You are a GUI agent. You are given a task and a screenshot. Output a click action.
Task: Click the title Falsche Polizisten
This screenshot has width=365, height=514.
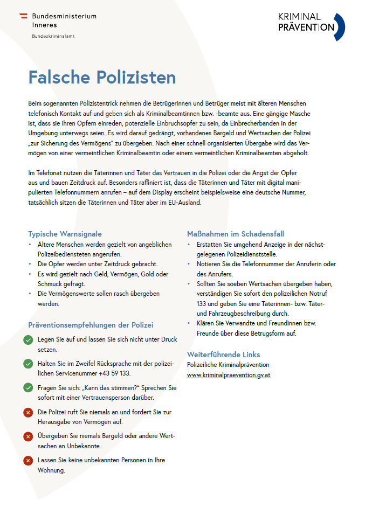102,77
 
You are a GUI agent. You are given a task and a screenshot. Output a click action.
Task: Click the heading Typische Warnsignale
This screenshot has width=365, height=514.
65,234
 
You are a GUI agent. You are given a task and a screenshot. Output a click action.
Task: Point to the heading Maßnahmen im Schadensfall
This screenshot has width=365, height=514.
235,234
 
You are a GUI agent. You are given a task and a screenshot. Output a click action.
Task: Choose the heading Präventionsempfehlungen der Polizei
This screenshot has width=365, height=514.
91,325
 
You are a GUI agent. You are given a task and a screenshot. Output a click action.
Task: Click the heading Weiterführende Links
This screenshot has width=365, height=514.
223,355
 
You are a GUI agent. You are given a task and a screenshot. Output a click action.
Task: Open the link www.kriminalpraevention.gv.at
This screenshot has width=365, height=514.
229,374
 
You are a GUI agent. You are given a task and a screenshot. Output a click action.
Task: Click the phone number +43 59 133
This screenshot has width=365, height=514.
114,373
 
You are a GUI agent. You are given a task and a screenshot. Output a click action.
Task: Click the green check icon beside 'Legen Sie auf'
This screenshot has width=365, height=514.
28,340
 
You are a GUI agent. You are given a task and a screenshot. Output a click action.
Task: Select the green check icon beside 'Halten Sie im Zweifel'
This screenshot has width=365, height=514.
28,364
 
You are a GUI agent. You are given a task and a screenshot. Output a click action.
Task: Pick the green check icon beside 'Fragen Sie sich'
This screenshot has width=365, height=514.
28,387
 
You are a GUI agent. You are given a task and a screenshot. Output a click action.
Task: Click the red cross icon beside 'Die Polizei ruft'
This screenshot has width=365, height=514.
28,412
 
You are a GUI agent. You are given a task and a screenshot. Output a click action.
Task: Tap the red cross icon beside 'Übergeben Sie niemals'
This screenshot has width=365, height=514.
28,436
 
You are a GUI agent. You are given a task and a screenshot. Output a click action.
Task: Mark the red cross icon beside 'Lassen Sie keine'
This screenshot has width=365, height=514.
28,460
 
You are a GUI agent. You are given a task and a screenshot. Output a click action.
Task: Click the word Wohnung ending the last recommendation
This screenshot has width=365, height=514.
51,470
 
